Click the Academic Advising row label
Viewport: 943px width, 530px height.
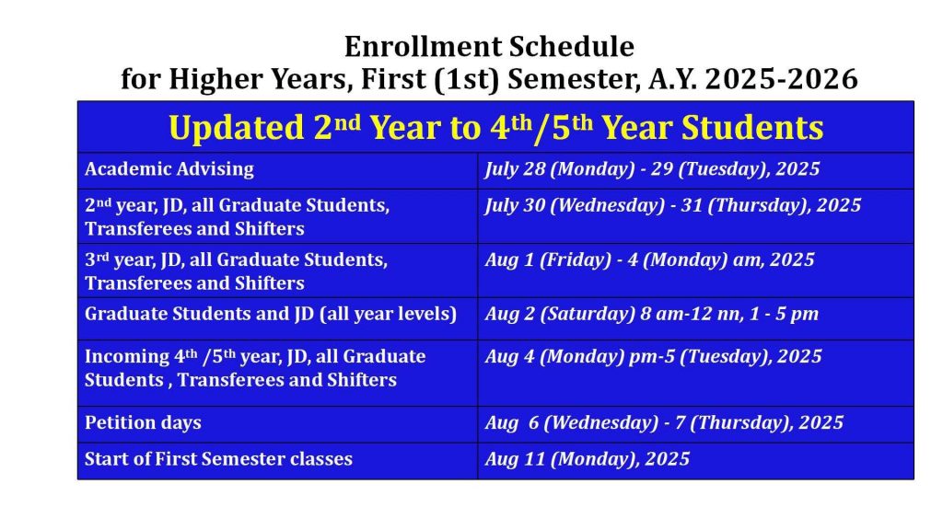click(x=169, y=169)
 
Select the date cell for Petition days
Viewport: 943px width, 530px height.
click(x=664, y=422)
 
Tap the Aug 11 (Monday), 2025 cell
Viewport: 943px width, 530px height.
click(x=587, y=459)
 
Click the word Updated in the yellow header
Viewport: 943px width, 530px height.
click(x=237, y=127)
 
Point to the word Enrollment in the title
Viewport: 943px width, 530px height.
click(x=423, y=46)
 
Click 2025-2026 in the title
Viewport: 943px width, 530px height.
click(x=781, y=79)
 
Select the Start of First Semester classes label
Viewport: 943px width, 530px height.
click(x=218, y=459)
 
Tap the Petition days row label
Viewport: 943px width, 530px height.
click(x=143, y=422)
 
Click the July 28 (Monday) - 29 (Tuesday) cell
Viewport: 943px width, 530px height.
click(x=652, y=169)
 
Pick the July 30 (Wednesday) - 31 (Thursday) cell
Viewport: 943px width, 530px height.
click(x=673, y=205)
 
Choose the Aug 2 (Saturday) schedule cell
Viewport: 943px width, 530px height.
click(x=651, y=314)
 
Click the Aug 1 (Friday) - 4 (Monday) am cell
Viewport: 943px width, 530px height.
click(x=649, y=259)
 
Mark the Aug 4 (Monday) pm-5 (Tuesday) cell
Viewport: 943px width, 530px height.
click(x=653, y=356)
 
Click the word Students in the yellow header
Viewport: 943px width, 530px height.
click(x=751, y=127)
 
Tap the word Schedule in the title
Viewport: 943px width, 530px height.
click(x=572, y=46)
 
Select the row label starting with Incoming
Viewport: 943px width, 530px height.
click(x=255, y=368)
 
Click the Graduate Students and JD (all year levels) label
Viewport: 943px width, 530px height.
click(x=271, y=314)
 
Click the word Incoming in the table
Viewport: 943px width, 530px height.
click(x=127, y=356)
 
